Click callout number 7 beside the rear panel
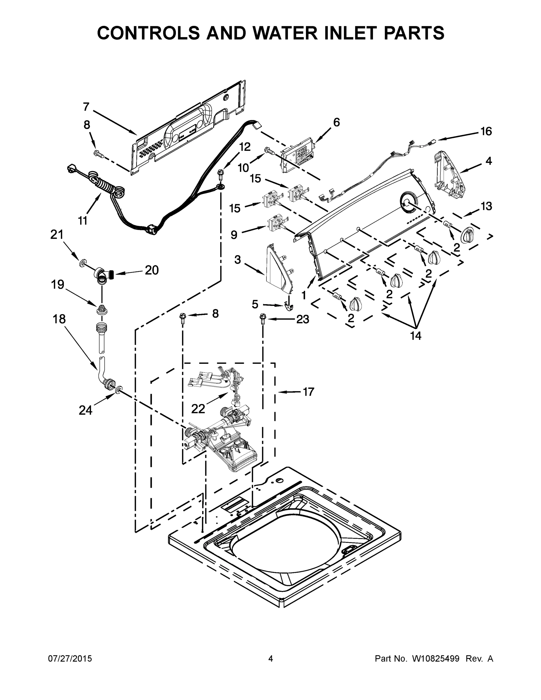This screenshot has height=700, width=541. [86, 107]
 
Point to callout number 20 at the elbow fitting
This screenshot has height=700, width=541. [151, 270]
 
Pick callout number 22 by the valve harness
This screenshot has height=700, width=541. [198, 409]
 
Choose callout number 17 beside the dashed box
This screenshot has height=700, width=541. [308, 392]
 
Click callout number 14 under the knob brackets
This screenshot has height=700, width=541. [416, 336]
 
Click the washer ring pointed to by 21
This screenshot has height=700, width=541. [83, 263]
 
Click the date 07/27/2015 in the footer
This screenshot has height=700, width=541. [70, 659]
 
